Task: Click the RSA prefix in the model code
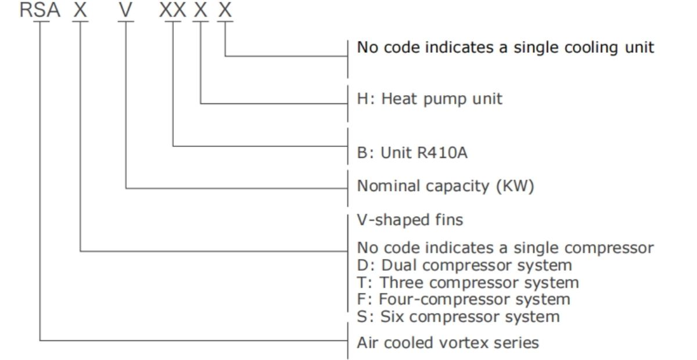40,10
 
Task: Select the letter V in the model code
126,10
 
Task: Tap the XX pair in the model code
173,10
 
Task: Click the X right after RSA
80,10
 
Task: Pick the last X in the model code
225,10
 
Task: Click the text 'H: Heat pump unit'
429,99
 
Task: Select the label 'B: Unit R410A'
412,153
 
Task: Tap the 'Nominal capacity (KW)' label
445,186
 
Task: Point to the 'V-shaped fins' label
410,221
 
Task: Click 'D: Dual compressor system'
464,265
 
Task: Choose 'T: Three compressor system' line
468,283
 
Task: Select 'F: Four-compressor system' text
464,300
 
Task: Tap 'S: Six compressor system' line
458,317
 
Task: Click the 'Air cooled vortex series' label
448,343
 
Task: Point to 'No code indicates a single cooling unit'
505,47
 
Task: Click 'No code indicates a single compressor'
505,248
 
